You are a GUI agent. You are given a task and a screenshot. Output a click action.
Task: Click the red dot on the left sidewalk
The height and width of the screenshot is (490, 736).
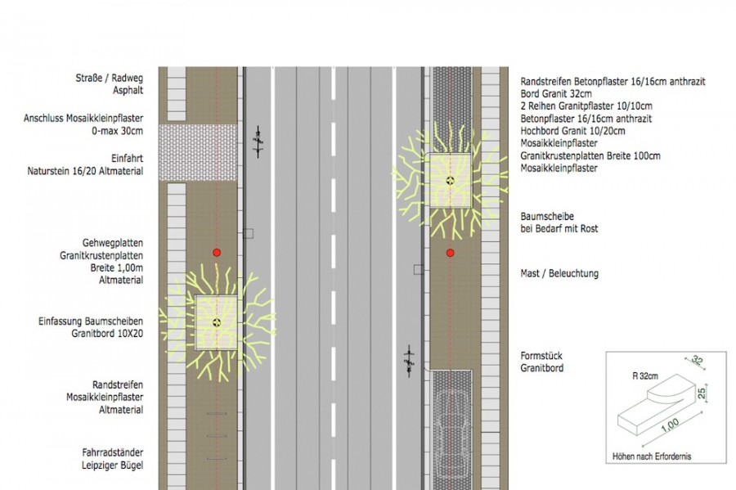[x=217, y=253]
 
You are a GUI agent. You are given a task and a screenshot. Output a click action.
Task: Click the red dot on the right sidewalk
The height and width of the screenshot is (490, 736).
[x=450, y=253]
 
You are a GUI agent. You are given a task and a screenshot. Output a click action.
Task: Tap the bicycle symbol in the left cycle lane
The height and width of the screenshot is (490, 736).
[x=258, y=142]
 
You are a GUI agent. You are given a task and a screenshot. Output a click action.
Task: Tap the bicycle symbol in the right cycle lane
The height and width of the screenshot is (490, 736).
[x=410, y=361]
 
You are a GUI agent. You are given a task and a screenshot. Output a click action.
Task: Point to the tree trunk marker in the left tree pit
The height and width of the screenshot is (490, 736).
[x=217, y=322]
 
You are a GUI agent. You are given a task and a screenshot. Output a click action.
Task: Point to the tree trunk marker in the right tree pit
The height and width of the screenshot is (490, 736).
[x=450, y=180]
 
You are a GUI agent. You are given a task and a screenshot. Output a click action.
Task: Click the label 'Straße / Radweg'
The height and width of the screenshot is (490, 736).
[x=110, y=78]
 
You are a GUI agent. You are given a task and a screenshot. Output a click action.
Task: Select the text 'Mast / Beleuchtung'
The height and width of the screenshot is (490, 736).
[x=559, y=273]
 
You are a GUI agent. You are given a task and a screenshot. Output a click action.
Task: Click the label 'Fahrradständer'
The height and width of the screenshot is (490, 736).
[x=113, y=452]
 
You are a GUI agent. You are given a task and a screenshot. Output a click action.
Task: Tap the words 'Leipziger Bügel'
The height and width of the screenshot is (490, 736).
[x=113, y=465]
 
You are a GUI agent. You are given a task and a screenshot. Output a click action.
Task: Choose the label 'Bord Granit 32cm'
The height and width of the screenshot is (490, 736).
[x=556, y=93]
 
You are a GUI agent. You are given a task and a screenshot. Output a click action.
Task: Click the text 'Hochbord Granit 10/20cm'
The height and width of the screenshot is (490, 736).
[x=572, y=131]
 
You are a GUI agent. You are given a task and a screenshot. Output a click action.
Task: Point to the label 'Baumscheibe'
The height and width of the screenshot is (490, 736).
[x=547, y=217]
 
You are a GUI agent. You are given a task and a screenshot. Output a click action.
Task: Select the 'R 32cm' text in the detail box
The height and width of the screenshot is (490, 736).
[x=645, y=376]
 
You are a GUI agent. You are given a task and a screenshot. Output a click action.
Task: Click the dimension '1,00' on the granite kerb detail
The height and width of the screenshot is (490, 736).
[x=670, y=425]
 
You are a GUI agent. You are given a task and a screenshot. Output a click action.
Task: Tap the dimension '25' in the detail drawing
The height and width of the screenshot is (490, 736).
[x=702, y=393]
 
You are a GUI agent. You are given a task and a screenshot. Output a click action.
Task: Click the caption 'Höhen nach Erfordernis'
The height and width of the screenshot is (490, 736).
[x=652, y=456]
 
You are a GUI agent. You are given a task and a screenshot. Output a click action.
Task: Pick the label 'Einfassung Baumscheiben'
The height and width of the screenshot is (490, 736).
[x=91, y=321]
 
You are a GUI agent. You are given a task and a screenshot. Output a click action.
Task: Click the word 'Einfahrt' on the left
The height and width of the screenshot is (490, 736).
[x=128, y=158]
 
